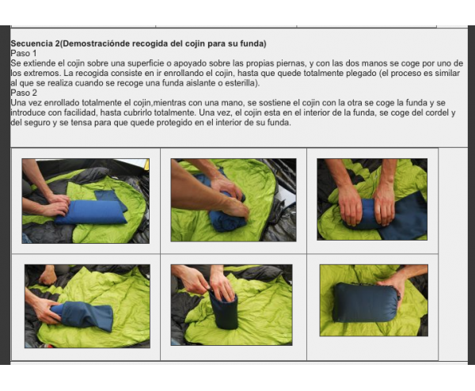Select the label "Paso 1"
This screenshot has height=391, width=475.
pos(24,53)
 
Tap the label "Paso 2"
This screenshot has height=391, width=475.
pos(24,93)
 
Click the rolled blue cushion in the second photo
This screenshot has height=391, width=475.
pos(226,215)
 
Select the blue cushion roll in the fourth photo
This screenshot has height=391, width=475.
pos(82,316)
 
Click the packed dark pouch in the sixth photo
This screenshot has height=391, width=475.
pos(366,303)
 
